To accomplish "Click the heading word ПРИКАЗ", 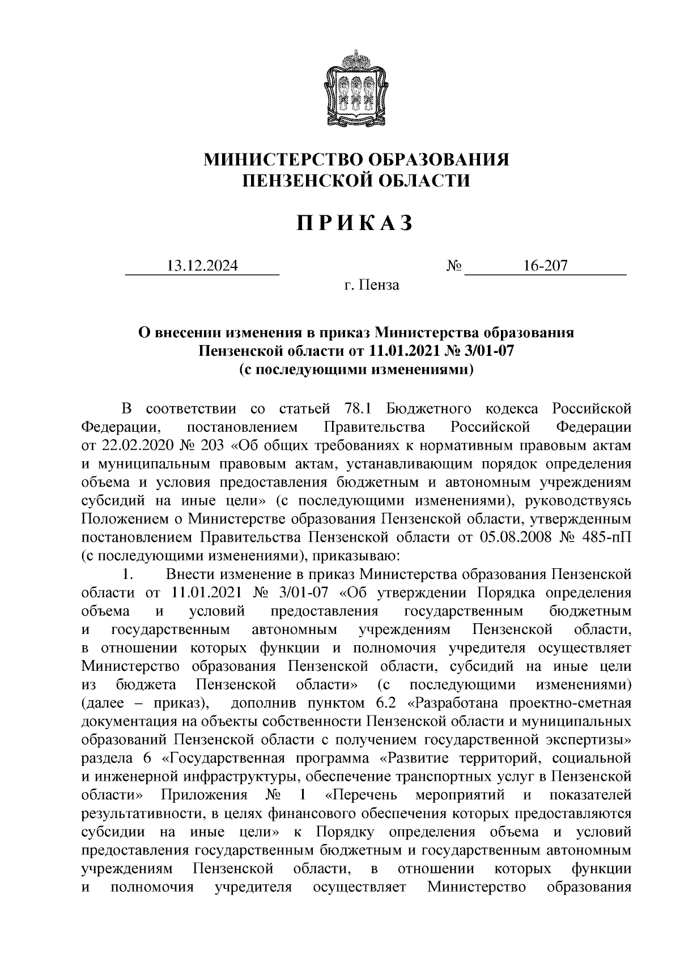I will point(356,224).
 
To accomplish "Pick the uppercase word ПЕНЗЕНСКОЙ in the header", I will point(303,181).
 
